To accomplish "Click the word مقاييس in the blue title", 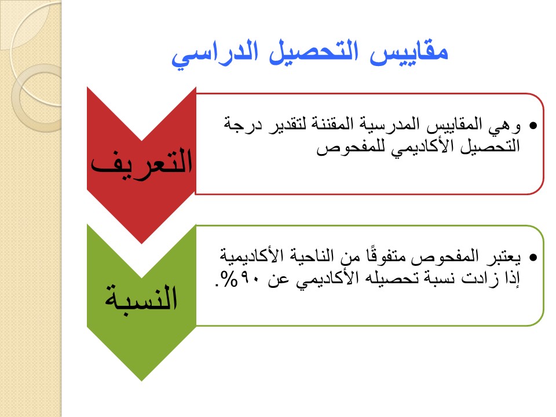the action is pyautogui.click(x=409, y=53).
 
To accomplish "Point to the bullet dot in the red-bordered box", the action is pyautogui.click(x=533, y=126).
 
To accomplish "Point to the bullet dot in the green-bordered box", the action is pyautogui.click(x=533, y=257).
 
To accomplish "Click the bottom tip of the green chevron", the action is pyautogui.click(x=141, y=381).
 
